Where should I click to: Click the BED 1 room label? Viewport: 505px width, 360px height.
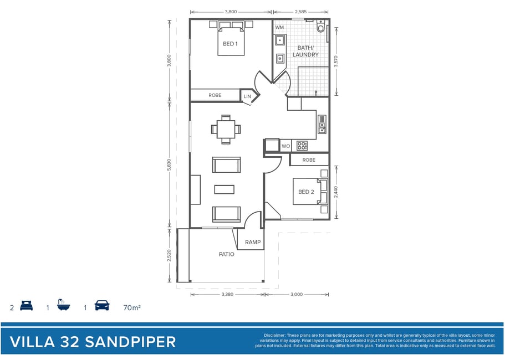click(230, 44)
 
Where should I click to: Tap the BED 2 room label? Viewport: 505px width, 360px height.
click(306, 192)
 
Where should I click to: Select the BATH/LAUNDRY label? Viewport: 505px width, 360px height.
click(305, 51)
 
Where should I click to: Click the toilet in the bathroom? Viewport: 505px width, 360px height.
click(320, 26)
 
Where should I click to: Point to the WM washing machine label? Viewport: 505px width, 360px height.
click(279, 27)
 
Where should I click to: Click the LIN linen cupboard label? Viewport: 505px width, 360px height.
click(247, 96)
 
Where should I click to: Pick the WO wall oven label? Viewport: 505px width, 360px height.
click(285, 146)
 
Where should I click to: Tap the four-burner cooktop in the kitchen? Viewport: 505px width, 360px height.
click(302, 146)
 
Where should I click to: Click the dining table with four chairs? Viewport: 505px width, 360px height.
click(226, 130)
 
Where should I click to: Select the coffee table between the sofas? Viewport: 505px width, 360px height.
click(225, 189)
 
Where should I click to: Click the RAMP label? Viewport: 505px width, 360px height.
click(253, 242)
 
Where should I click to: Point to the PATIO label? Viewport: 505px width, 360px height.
click(226, 254)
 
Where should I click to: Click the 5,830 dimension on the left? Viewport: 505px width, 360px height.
click(170, 165)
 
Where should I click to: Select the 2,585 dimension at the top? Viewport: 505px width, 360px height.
click(300, 12)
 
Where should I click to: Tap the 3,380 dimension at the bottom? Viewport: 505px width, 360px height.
click(227, 295)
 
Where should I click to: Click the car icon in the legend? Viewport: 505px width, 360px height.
click(102, 305)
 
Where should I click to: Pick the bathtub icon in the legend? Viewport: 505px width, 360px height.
click(63, 305)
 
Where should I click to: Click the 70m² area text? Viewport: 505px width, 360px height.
click(132, 307)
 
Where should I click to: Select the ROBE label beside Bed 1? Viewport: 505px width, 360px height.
click(215, 95)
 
